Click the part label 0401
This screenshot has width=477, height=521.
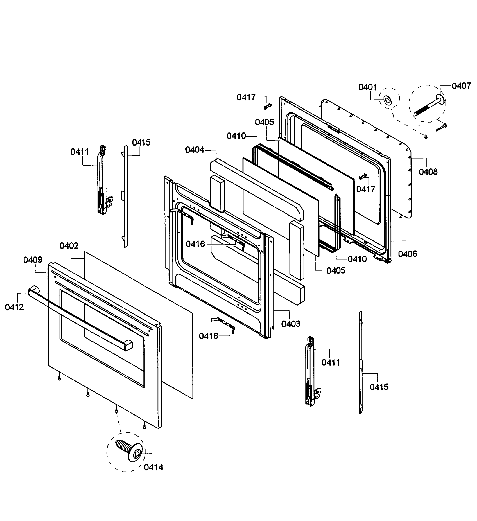pos(367,87)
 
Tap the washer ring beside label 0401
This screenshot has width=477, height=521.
pos(387,99)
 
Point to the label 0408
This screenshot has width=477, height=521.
pos(428,172)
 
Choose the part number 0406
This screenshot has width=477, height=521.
pos(408,254)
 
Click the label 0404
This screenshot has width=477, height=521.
pos(195,150)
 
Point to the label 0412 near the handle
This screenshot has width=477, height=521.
pos(14,307)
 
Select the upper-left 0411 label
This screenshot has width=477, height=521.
pos(80,152)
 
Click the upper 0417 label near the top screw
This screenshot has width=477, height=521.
pos(246,97)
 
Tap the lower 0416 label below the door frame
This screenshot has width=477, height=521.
pos(208,336)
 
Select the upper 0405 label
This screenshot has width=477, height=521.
pos(264,122)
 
